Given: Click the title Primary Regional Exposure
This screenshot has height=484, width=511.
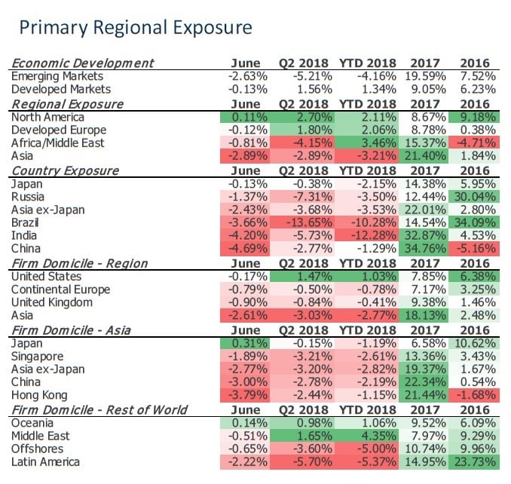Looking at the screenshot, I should coord(136,28).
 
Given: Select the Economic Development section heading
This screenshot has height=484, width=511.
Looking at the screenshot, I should coord(82,63).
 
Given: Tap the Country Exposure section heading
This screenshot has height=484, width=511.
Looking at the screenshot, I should coord(65,170).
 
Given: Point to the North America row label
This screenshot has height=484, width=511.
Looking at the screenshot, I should coord(43,118).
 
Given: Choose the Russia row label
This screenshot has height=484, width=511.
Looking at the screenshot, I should coord(28,198).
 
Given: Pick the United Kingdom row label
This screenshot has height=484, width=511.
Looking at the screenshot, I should coord(52,302).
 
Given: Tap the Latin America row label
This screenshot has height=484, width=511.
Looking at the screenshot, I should coord(46,461).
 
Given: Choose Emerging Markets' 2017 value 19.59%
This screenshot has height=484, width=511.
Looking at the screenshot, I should coord(427,77).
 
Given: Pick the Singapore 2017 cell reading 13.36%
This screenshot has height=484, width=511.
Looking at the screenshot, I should coord(427,356).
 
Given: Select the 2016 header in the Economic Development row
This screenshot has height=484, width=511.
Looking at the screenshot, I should coord(475,63).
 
